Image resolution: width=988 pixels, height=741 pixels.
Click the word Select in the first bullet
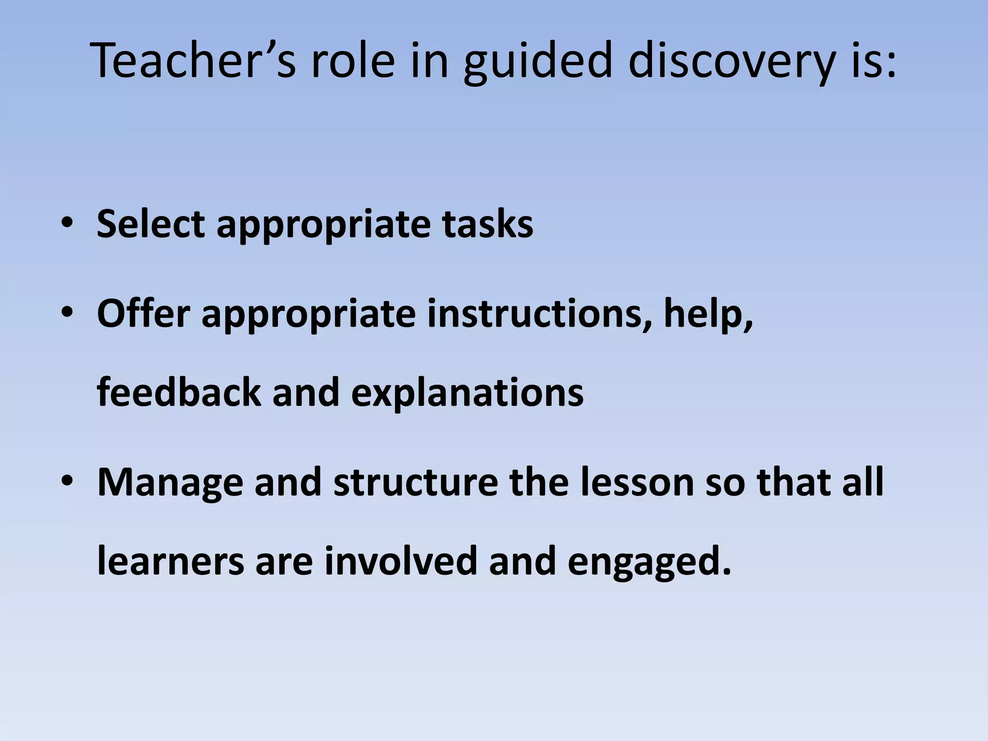click(150, 224)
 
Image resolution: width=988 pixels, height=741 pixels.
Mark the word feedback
click(179, 392)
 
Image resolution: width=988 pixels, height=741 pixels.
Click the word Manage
click(170, 482)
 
